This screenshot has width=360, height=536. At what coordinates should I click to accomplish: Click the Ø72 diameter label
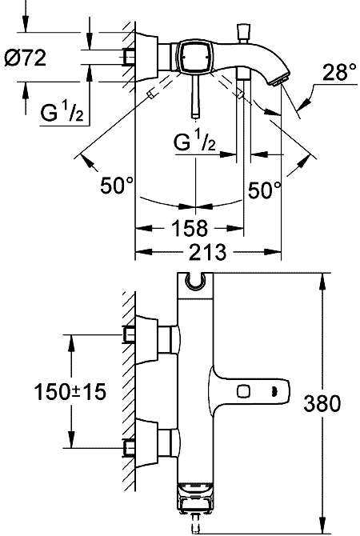coord(26,58)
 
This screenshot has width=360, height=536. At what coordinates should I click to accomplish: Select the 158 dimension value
coord(190,228)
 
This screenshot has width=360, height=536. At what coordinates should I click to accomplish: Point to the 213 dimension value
coord(208,252)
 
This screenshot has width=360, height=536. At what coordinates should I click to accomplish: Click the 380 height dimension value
coord(322,403)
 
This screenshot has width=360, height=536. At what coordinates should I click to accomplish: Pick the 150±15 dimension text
coord(70,391)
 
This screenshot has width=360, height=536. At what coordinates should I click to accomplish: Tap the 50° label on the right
coord(265,190)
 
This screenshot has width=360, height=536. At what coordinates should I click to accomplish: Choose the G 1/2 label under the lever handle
coord(195,139)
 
